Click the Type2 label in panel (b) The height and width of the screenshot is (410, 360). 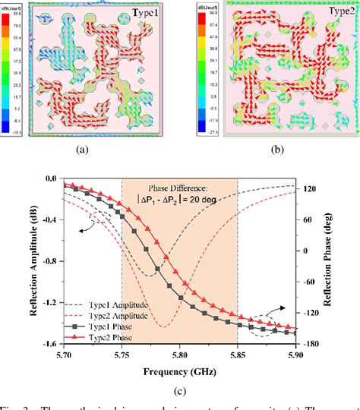[330, 14]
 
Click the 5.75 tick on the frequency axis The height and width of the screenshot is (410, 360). [122, 355]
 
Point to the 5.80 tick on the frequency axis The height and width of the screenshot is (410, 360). [178, 355]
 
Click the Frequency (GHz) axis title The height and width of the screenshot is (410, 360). [178, 371]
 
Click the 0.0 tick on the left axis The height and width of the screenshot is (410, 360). [51, 178]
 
